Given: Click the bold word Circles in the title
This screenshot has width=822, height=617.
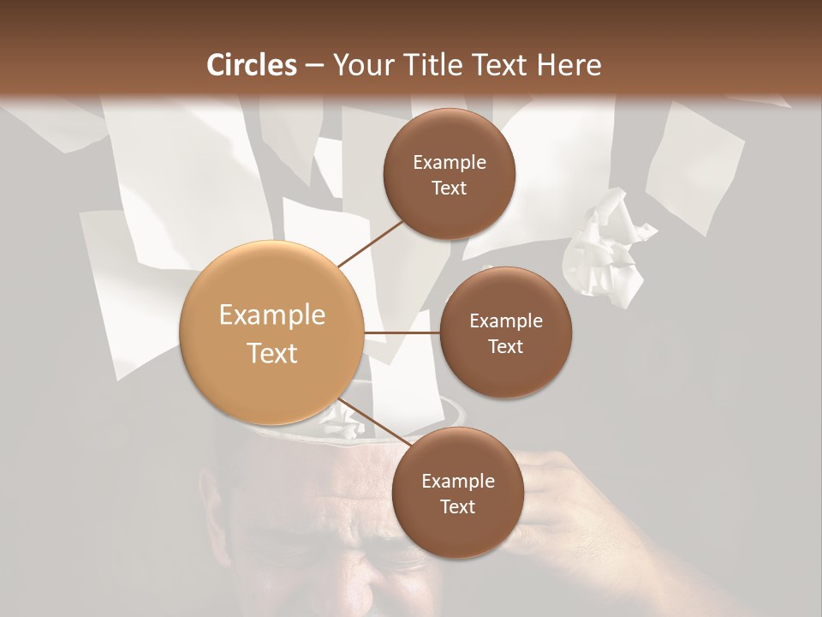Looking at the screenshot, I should tap(252, 65).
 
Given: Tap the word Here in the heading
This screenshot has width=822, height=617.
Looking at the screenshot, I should tap(568, 65).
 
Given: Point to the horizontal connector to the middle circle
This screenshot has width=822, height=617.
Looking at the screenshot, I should tap(402, 332).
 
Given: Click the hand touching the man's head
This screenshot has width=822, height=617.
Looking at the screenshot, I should tap(557, 497).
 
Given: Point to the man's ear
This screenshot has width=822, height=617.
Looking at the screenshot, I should tap(211, 506).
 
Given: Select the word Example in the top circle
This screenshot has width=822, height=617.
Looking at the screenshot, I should tap(449, 163).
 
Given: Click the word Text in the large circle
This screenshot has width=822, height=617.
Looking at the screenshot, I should tap(272, 353).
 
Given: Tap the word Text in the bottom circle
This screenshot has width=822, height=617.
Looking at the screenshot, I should tap(457, 507).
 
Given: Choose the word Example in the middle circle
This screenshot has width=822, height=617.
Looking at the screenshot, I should tap(505, 321).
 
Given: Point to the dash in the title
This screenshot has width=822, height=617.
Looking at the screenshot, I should tap(314, 66).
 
